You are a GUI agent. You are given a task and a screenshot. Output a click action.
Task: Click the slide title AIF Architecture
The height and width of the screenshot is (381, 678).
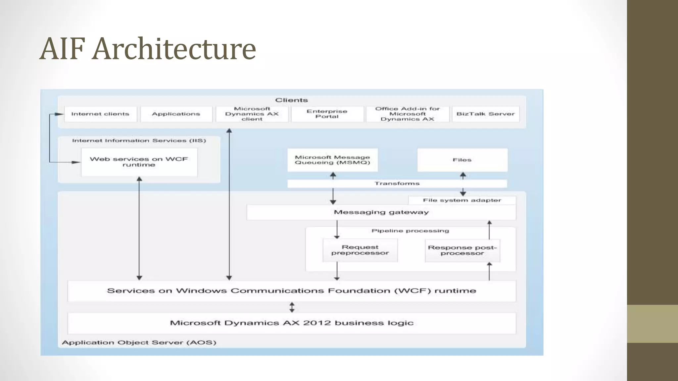148,49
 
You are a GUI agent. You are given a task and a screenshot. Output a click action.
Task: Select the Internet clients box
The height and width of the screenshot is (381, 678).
100,114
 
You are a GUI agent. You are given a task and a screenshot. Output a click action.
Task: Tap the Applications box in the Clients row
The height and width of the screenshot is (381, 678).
176,114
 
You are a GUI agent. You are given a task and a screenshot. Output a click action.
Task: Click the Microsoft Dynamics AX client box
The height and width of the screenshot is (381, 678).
252,114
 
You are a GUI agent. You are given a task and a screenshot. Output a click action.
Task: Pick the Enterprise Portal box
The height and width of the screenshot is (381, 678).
327,114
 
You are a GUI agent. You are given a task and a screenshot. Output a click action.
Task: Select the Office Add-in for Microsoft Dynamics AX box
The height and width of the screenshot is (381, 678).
407,114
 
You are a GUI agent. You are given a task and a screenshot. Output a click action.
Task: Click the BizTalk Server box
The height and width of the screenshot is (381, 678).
485,114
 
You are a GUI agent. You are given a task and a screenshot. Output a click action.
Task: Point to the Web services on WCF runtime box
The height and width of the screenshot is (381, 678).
139,162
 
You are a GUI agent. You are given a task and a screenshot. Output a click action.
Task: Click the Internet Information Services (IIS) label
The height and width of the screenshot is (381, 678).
139,141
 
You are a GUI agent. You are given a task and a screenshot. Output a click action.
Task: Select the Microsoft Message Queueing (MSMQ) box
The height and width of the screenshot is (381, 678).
332,160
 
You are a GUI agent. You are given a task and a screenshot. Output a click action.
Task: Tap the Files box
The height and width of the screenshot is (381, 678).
462,160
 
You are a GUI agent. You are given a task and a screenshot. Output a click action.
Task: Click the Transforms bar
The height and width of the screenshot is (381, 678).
397,184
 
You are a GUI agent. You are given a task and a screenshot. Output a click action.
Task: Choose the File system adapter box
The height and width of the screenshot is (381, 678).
462,200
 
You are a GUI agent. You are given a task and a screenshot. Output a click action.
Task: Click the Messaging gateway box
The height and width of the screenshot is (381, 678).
381,212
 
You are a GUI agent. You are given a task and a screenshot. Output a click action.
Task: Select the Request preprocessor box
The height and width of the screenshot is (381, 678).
360,250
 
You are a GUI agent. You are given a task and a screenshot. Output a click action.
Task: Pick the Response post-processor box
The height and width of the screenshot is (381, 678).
462,250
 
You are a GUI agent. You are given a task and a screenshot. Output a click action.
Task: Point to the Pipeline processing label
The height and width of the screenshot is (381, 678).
410,231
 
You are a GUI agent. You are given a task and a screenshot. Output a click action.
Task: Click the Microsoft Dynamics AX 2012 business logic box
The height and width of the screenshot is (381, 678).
292,323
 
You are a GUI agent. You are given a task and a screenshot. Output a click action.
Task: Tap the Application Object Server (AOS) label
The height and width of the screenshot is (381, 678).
139,343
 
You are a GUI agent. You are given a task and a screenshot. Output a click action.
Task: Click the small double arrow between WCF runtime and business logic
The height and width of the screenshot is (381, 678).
292,307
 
